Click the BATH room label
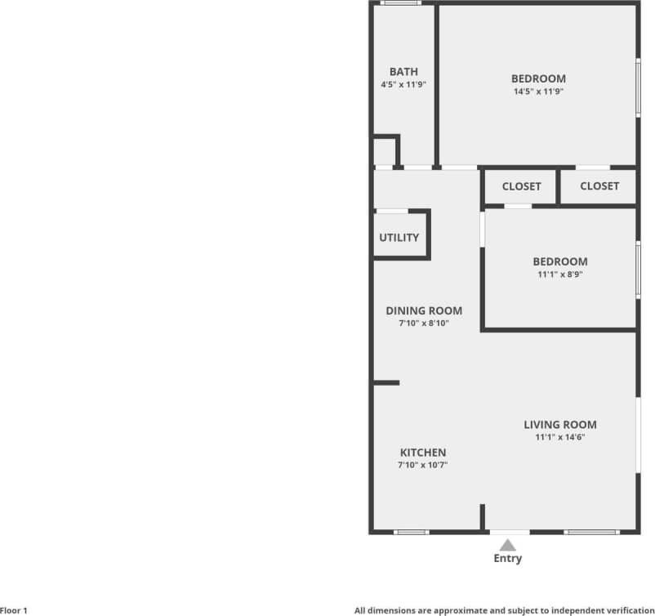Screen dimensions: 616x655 (x=403, y=72)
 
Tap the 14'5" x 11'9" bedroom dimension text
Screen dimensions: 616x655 (x=538, y=92)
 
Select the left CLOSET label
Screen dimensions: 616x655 (x=521, y=186)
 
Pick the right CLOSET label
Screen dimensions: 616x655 (x=599, y=186)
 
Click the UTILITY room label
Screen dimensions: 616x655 (x=399, y=238)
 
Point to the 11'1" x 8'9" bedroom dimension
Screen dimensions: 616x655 (x=559, y=275)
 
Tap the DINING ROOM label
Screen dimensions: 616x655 (x=424, y=310)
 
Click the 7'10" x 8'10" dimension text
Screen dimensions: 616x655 (x=424, y=324)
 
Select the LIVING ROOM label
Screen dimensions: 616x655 (x=559, y=425)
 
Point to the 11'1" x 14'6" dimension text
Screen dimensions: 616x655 (x=559, y=437)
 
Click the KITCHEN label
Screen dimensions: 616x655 (x=422, y=453)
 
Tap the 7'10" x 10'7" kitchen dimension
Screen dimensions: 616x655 (x=422, y=465)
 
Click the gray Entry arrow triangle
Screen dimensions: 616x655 (x=508, y=544)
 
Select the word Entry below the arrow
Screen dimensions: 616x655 (x=507, y=559)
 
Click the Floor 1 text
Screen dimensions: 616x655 (x=14, y=610)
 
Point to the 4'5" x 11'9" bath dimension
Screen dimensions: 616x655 (x=403, y=84)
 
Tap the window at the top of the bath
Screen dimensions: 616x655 (x=402, y=3)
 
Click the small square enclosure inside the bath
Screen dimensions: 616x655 (x=384, y=152)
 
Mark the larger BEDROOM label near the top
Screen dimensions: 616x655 (x=538, y=78)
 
